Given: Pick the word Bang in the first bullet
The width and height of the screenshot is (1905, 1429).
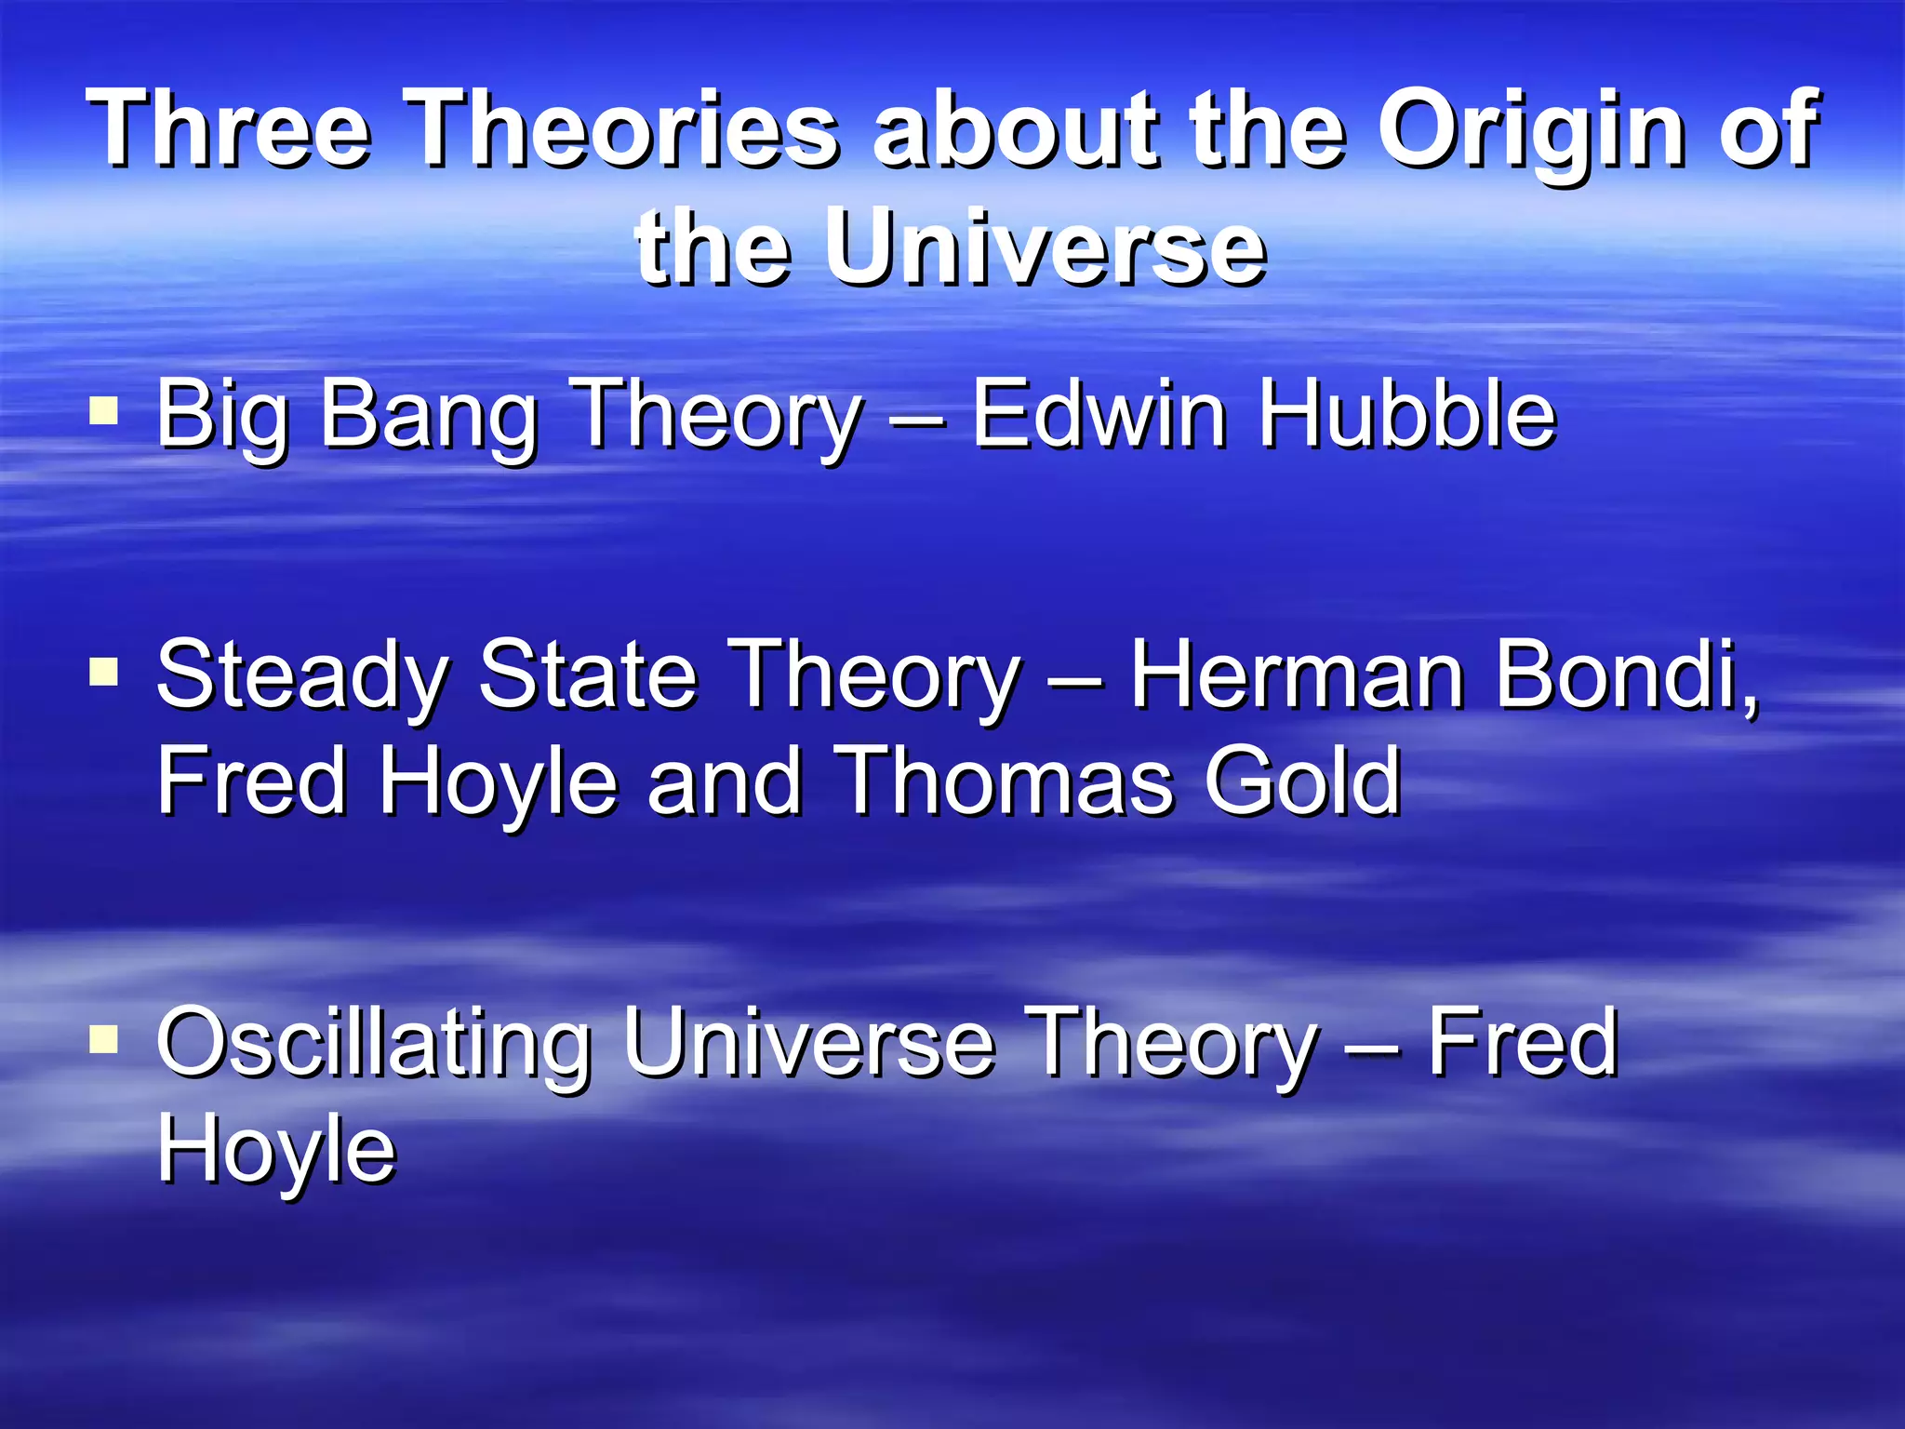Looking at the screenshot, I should point(429,415).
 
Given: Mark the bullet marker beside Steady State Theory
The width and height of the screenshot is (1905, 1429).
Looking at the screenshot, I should point(103,671).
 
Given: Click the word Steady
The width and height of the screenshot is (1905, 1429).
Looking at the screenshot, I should point(302,675).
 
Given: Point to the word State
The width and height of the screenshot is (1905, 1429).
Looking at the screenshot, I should point(588,674).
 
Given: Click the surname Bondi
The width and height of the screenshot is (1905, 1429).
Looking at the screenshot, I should point(1627,675).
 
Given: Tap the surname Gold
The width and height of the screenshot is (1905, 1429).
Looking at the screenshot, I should point(1302,781).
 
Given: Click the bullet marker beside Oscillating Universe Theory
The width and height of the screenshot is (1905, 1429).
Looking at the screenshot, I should point(103,1038).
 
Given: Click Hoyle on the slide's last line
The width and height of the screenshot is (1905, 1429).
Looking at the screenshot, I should point(276,1150).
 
